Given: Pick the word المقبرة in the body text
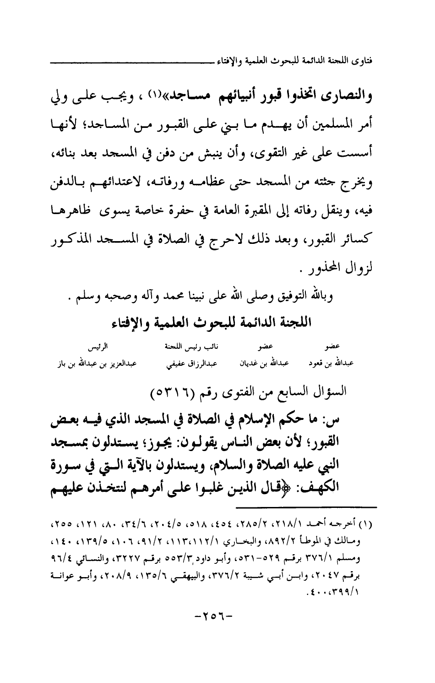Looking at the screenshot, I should click(x=263, y=212).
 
